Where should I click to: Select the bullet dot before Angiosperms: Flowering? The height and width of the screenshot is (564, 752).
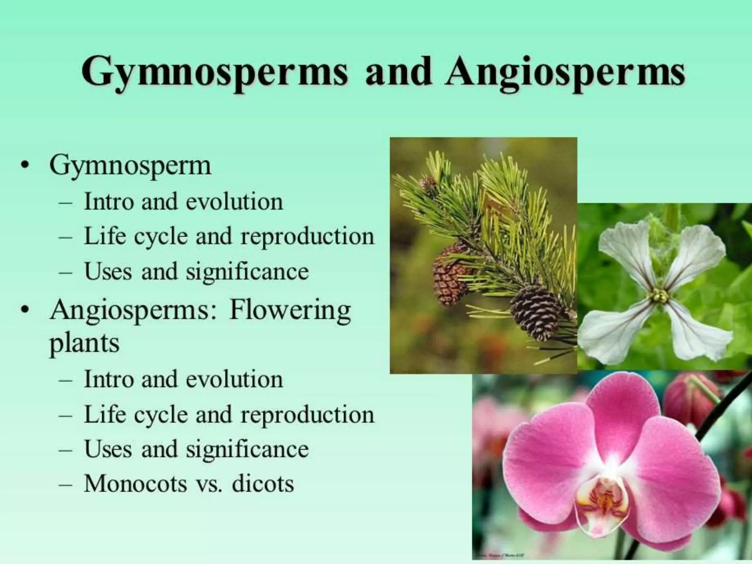point(25,311)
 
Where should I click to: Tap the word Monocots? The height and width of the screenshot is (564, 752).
point(135,484)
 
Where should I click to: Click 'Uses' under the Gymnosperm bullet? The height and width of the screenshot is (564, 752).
point(108,272)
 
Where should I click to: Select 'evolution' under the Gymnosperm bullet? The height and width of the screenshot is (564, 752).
point(234,202)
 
